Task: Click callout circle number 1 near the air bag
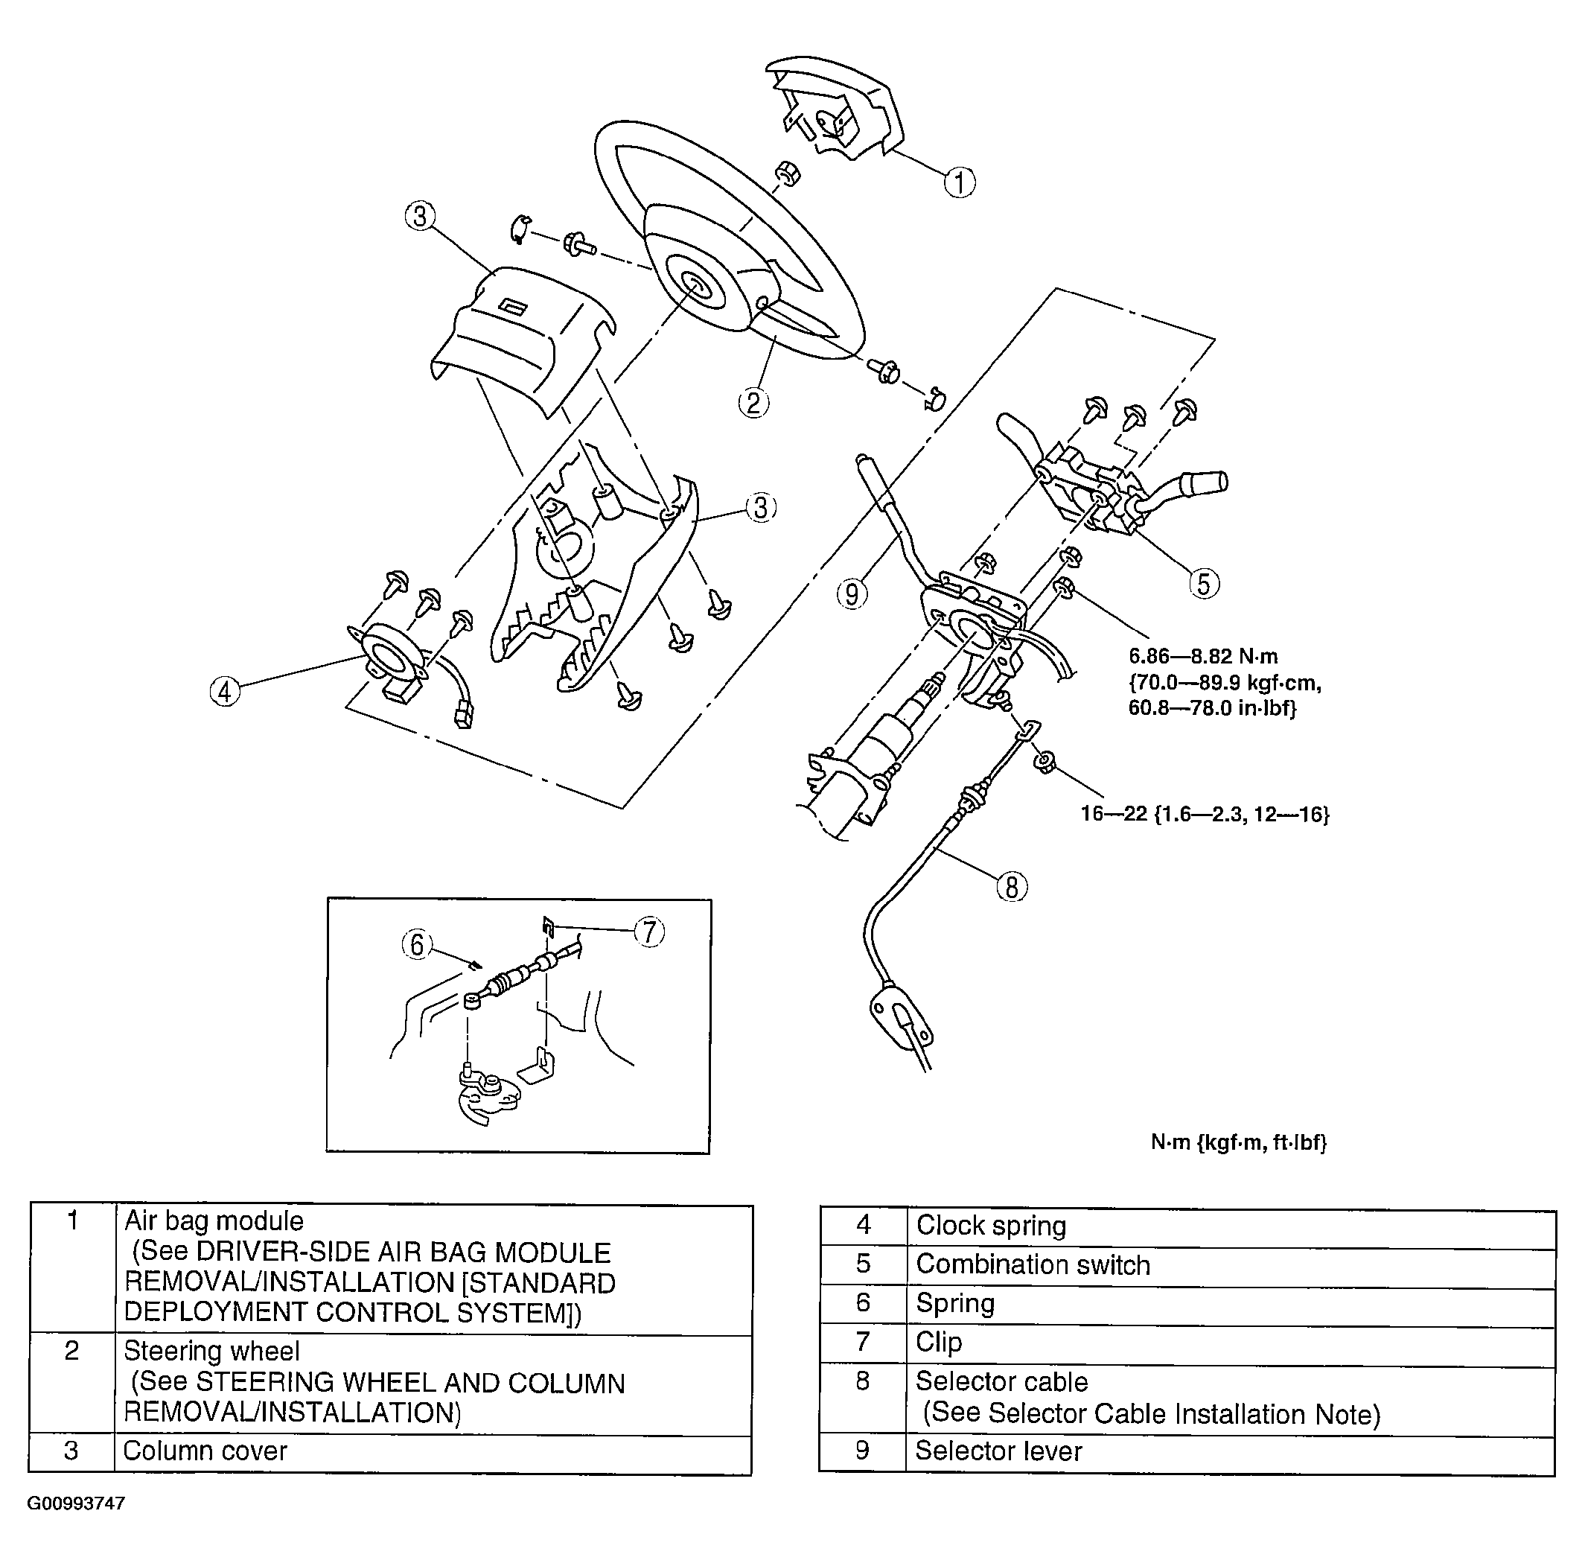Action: click(x=959, y=182)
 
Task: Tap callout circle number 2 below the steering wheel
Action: click(x=753, y=402)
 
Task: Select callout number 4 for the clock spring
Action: click(x=225, y=691)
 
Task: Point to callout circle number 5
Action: click(x=1204, y=584)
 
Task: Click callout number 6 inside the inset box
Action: click(x=417, y=945)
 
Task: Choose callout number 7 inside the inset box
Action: click(x=650, y=932)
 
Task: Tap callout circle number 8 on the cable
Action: click(x=1012, y=887)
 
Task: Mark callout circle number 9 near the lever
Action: click(x=852, y=593)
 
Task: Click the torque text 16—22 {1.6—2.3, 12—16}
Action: click(x=1205, y=814)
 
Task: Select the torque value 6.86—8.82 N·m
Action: click(x=1202, y=657)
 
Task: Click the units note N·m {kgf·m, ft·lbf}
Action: click(x=1238, y=1142)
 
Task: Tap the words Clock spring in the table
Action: click(x=990, y=1226)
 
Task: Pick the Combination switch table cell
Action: click(x=1032, y=1264)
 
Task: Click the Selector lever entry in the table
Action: click(x=998, y=1451)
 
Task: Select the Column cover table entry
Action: click(x=205, y=1451)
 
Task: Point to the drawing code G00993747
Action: click(x=75, y=1503)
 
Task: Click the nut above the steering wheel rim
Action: click(x=788, y=174)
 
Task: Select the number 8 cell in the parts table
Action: click(x=862, y=1381)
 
